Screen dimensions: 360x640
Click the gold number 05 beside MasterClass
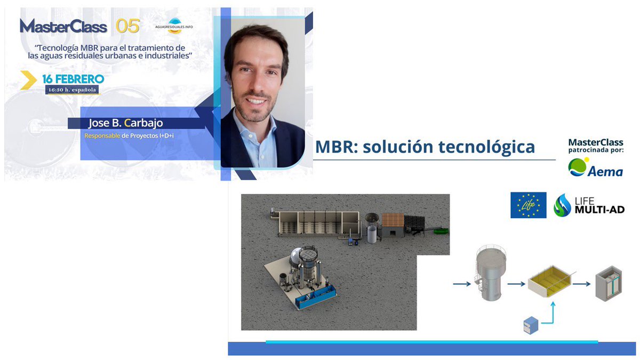[127, 26]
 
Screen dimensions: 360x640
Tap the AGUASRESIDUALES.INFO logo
[170, 25]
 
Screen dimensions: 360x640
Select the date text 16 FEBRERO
[73, 79]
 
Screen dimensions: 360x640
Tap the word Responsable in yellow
[102, 136]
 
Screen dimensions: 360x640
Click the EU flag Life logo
[528, 205]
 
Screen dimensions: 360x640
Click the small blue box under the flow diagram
[531, 325]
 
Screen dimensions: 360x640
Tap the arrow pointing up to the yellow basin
[553, 312]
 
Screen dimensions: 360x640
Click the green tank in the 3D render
[440, 231]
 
